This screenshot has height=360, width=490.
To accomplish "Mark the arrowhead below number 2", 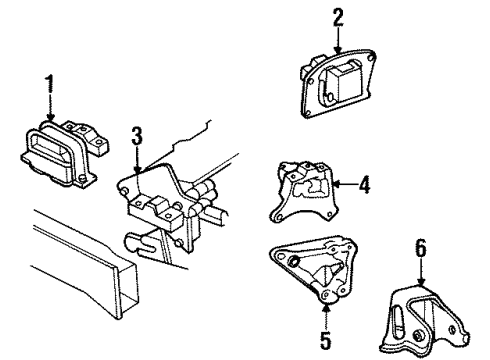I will (x=338, y=50).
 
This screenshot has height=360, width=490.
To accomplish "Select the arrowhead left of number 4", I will (x=334, y=183).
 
